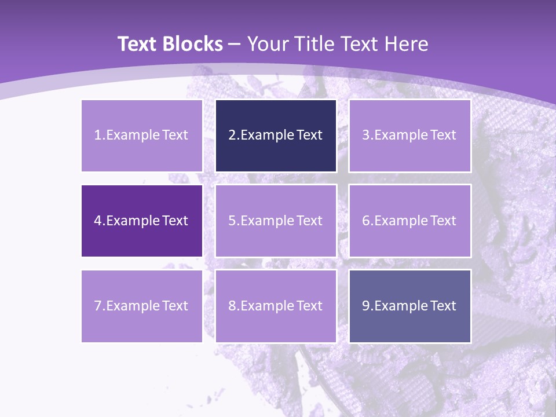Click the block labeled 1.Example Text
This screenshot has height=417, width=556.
[142, 136]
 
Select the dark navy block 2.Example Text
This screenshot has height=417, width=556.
[276, 136]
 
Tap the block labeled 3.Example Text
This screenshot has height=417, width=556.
[409, 136]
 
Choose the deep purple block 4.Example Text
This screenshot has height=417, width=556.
[142, 221]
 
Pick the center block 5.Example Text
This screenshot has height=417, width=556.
[276, 221]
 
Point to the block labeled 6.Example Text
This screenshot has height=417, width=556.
[409, 221]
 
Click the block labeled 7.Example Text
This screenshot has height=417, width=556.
[142, 306]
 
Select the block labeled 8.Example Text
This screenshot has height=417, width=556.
[276, 306]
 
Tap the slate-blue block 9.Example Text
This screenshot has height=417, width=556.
[409, 306]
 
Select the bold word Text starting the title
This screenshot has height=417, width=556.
[136, 44]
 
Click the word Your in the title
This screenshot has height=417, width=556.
[266, 44]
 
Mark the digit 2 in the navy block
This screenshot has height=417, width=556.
[232, 136]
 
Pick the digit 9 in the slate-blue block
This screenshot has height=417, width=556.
[365, 306]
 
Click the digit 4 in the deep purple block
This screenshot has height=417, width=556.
[98, 221]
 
